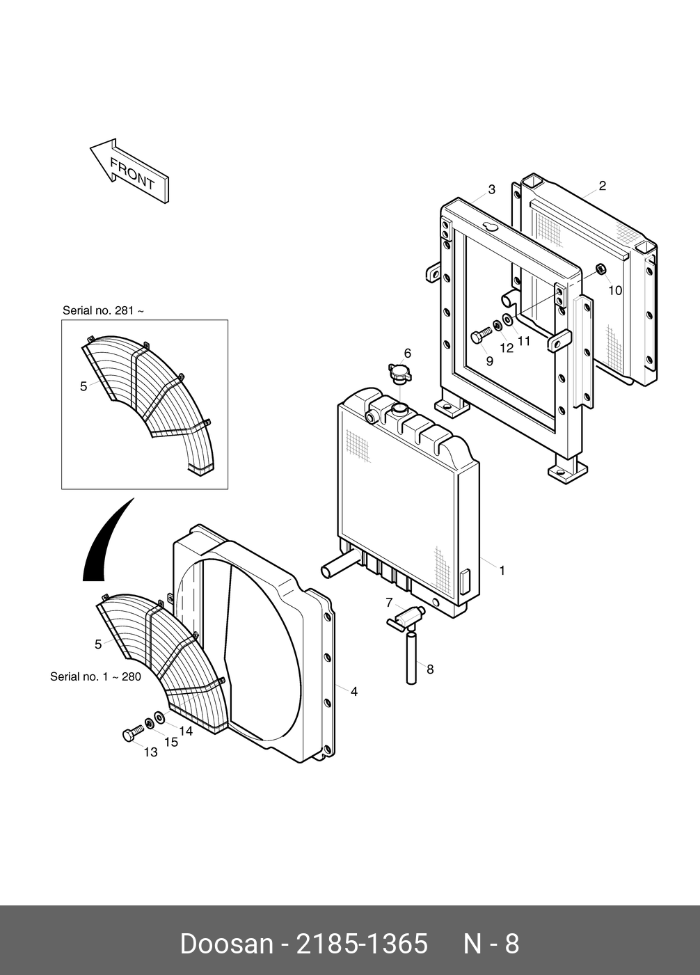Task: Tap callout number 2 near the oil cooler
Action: [x=602, y=186]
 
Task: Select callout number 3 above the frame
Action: [x=491, y=189]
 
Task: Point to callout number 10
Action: [x=615, y=290]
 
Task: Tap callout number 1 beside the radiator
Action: [x=502, y=571]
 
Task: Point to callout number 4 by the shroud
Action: [x=354, y=692]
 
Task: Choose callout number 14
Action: [x=185, y=731]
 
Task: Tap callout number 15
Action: [x=170, y=742]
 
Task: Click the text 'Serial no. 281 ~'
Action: [x=103, y=310]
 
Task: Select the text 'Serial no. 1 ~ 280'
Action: [x=95, y=676]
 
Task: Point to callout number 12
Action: [x=507, y=347]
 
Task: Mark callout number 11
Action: [x=523, y=341]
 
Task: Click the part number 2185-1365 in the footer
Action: [x=362, y=944]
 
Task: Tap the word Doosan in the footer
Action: [x=226, y=944]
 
